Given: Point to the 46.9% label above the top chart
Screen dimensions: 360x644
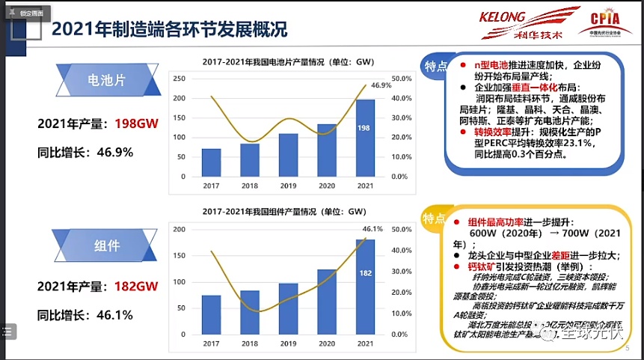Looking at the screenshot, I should coord(381,85).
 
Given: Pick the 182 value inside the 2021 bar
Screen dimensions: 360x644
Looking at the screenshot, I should coord(365,272).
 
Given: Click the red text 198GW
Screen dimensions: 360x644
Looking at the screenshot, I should coord(136,123).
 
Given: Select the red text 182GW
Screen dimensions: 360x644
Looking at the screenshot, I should coord(136,286).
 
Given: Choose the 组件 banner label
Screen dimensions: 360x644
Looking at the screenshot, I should coord(108,245).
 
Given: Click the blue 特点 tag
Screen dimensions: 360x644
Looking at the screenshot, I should coord(435,61).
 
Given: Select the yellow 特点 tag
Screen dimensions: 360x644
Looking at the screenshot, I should coord(434,218).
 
